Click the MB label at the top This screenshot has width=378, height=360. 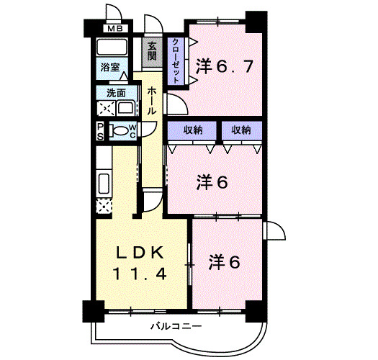[114, 29]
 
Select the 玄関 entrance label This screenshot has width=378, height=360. [153, 51]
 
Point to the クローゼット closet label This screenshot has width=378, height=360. [176, 60]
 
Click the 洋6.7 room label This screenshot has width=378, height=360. [223, 67]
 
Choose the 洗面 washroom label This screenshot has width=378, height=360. [115, 93]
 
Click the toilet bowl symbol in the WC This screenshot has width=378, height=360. [123, 130]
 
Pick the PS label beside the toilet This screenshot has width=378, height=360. [101, 130]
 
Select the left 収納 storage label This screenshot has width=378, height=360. [192, 130]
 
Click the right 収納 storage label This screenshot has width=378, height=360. [241, 130]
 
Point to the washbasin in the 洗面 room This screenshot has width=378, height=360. [126, 109]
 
